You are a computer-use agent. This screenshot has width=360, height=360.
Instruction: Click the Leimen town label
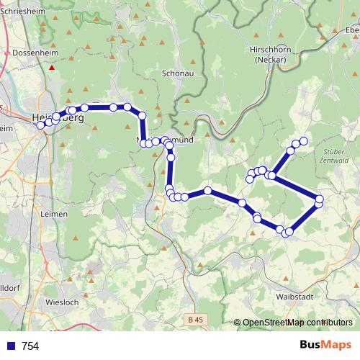click(x=55, y=214)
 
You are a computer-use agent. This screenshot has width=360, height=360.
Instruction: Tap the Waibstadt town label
click(x=292, y=296)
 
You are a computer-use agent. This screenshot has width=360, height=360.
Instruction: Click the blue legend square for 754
click(x=11, y=346)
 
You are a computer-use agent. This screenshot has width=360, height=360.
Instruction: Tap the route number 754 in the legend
click(x=30, y=346)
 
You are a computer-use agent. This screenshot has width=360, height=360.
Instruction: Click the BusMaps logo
click(x=325, y=345)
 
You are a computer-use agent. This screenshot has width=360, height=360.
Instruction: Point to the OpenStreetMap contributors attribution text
click(x=297, y=323)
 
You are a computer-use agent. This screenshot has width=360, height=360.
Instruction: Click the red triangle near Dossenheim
click(x=52, y=68)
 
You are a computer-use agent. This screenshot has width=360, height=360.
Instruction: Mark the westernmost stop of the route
click(x=41, y=125)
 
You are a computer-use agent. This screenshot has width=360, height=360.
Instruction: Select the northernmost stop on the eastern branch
click(x=303, y=141)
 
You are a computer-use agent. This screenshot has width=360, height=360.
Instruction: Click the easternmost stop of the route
click(x=320, y=199)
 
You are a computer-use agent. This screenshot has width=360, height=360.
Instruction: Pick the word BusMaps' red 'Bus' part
click(x=312, y=345)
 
